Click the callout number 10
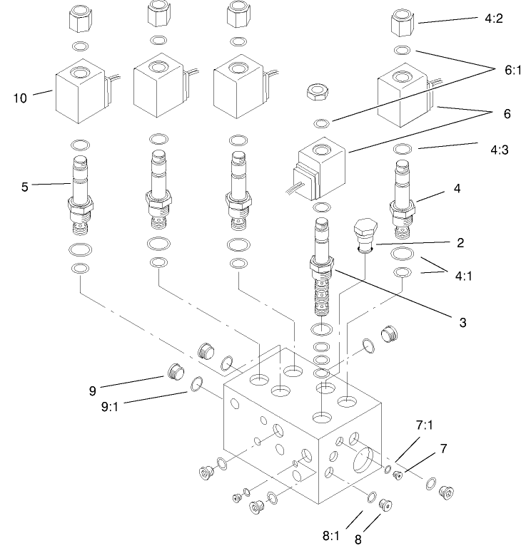(x=19, y=98)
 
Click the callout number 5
(x=26, y=188)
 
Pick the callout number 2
(x=460, y=243)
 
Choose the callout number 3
(x=463, y=322)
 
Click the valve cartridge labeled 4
(x=401, y=196)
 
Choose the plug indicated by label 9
(x=174, y=371)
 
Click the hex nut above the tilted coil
(x=315, y=92)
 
